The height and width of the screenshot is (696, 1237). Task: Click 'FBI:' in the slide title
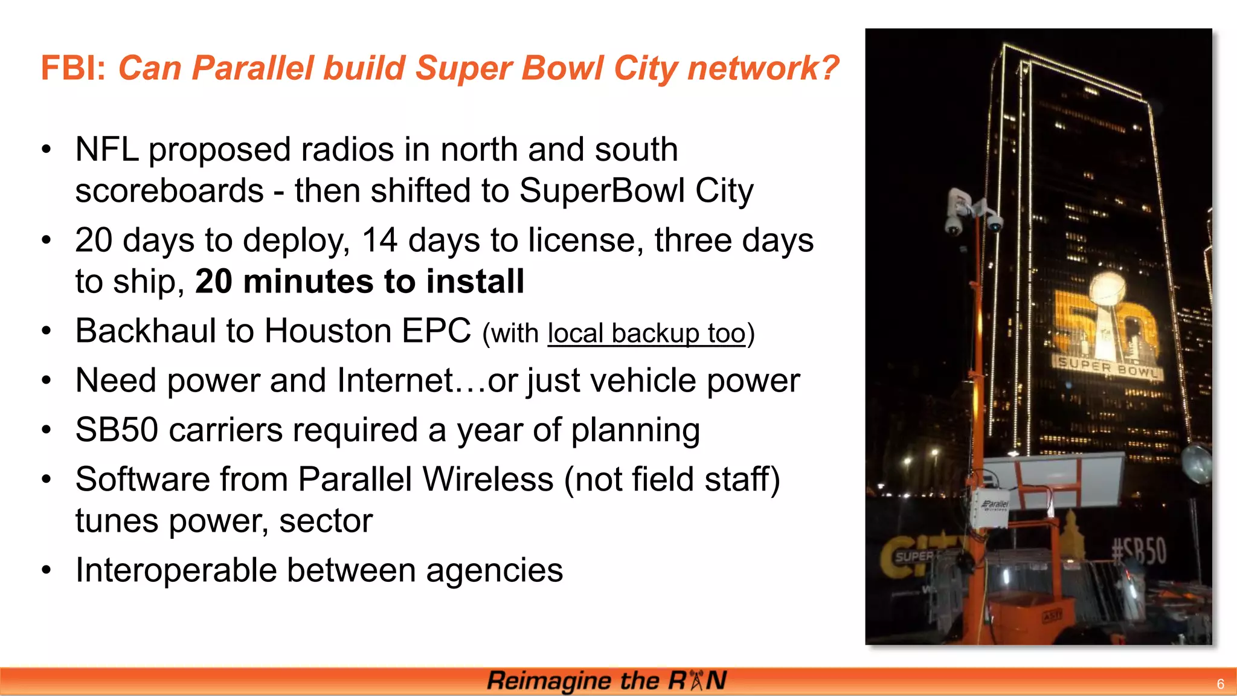pyautogui.click(x=73, y=68)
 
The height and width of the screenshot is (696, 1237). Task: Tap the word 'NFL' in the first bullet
pyautogui.click(x=106, y=149)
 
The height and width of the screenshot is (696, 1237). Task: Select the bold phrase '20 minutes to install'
pyautogui.click(x=359, y=282)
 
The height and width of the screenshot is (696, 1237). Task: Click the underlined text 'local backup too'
pyautogui.click(x=646, y=333)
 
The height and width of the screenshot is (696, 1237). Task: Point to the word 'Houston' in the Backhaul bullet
pyautogui.click(x=328, y=331)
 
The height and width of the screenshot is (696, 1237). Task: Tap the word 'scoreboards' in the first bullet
pyautogui.click(x=169, y=191)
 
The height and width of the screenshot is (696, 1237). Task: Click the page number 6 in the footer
pyautogui.click(x=1220, y=684)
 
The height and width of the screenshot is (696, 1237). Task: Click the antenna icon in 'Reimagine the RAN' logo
pyautogui.click(x=696, y=680)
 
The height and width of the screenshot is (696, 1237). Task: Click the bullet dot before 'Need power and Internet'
pyautogui.click(x=47, y=381)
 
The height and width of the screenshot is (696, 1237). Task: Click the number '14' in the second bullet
pyautogui.click(x=379, y=240)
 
